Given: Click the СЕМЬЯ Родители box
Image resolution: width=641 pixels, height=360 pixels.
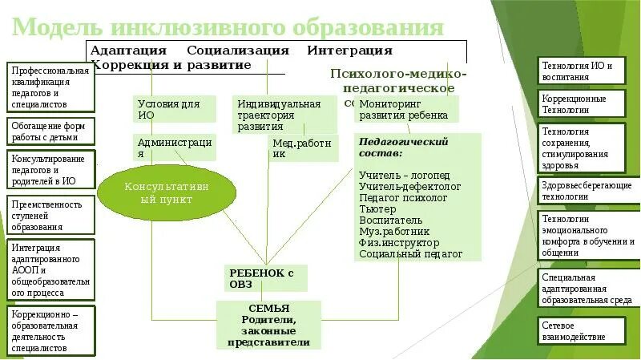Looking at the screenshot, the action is pos(268,325).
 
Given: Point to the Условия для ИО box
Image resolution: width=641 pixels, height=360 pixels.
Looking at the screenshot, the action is pos(175,109).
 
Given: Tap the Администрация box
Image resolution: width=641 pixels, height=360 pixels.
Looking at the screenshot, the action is pos(175,147).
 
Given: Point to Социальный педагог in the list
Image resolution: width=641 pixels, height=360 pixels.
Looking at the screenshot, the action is pos(411,253).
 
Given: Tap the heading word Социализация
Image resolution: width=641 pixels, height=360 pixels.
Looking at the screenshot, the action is pos(238,50).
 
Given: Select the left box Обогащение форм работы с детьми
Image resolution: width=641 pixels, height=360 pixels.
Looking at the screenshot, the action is pos(50,131).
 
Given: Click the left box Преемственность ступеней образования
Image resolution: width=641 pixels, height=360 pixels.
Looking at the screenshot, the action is pos(50,215).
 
